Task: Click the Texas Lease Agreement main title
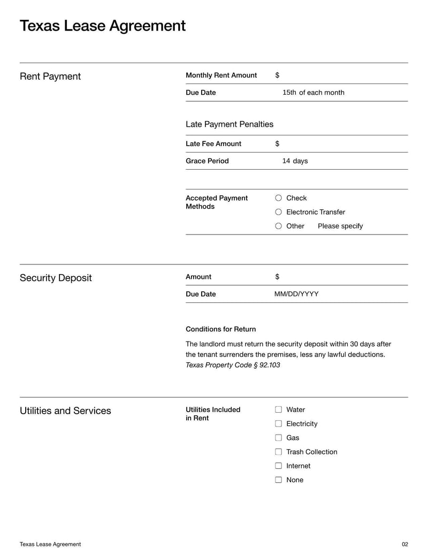103,26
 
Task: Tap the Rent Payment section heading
50,77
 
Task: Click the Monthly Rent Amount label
221,75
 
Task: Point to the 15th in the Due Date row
289,93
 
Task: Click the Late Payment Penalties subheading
229,124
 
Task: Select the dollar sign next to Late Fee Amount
277,144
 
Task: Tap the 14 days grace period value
295,161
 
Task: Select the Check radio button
278,198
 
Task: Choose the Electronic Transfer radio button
278,212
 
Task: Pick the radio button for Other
278,226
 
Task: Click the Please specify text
340,226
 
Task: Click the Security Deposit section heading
56,278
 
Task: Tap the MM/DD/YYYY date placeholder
296,294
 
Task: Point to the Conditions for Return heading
220,329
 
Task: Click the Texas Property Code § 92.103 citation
232,365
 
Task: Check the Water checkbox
278,409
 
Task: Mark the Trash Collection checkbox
278,452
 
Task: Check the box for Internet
278,466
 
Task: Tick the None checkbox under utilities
278,480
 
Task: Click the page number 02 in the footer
404,544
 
